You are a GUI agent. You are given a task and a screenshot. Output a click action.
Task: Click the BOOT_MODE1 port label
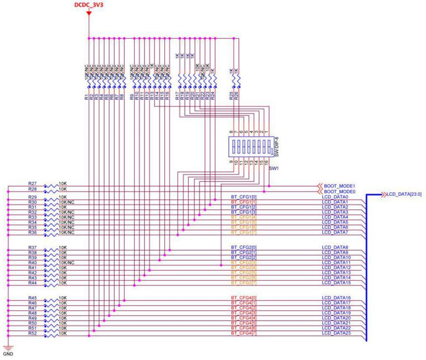point(338,186)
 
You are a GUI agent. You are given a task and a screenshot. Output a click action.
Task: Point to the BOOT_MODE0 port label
point(338,191)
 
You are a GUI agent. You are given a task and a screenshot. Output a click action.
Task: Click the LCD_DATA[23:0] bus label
point(404,194)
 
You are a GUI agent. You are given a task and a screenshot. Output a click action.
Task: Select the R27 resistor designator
point(33,184)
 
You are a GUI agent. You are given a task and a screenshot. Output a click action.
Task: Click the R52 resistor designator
point(33,333)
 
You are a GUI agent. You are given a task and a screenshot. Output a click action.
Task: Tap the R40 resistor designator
point(33,262)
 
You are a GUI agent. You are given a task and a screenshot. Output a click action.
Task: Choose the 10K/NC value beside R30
point(66,202)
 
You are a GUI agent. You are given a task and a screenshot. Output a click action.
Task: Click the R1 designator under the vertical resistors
point(86,97)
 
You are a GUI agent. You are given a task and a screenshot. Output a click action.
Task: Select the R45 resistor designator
point(33,297)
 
